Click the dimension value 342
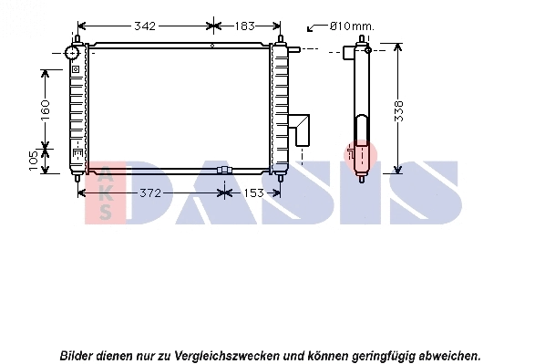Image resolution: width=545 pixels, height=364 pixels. point(144,26)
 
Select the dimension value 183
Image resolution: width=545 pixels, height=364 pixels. point(242,26)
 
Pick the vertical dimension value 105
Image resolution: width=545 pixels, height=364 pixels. point(34,161)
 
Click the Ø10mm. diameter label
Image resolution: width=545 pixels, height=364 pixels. point(352,26)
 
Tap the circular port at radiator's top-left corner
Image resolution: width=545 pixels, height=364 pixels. point(74,54)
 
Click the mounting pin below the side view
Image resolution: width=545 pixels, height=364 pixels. point(362,179)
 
